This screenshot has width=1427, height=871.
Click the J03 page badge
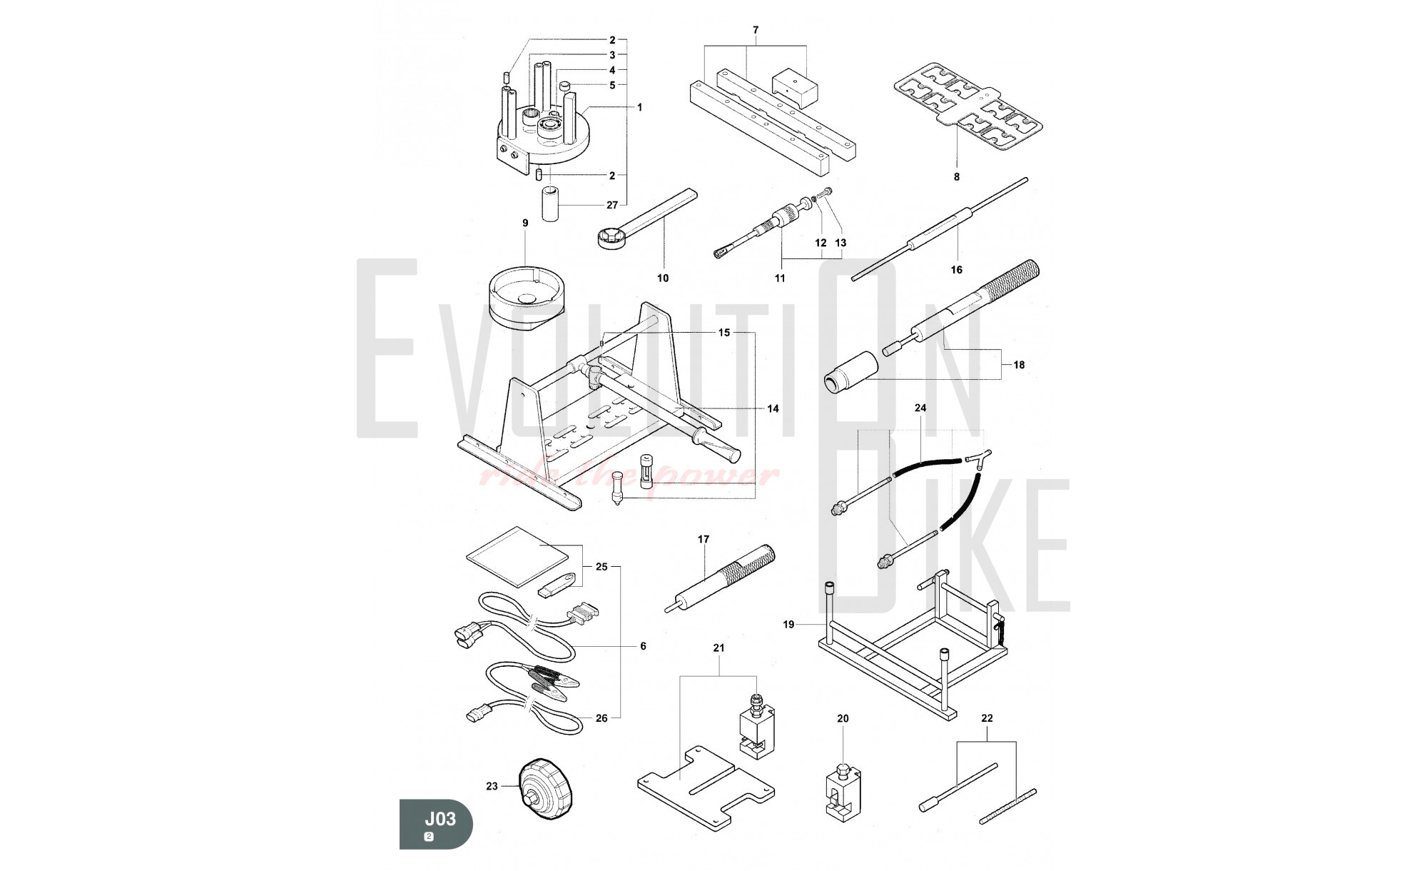(436, 823)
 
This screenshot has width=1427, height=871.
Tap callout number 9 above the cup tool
(525, 223)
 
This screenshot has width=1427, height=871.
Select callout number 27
(611, 205)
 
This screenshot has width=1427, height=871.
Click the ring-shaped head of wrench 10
(611, 237)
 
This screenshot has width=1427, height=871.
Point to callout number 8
(957, 176)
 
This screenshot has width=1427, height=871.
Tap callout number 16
(956, 269)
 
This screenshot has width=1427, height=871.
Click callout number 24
(920, 408)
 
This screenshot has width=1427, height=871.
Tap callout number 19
(788, 624)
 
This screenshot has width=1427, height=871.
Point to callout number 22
(987, 718)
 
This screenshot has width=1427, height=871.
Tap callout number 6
(642, 646)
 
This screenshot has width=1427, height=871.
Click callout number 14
(773, 408)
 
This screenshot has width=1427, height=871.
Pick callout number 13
(841, 243)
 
